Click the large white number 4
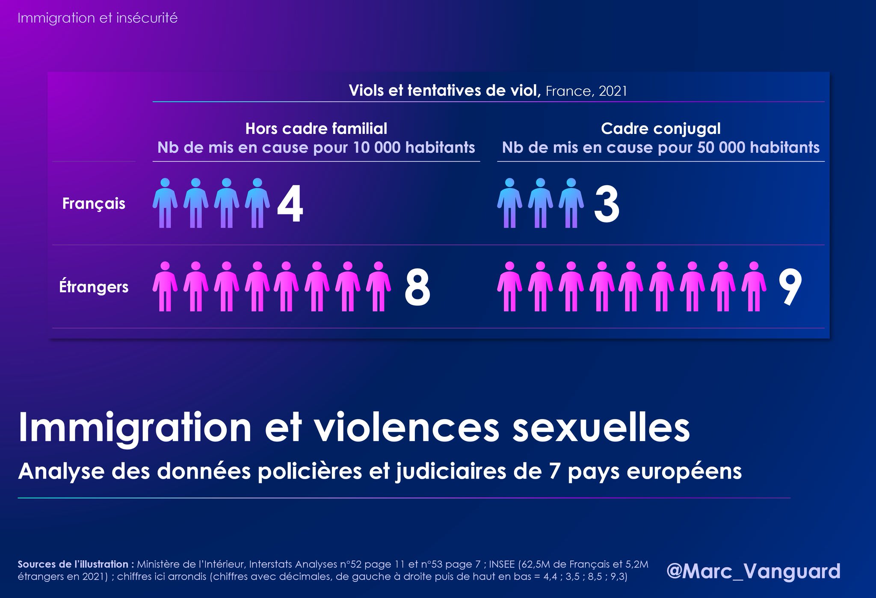pos(290,204)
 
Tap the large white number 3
pos(607,204)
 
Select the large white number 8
pos(417,287)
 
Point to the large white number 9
pos(790,287)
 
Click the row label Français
pos(94,204)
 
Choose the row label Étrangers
pos(94,287)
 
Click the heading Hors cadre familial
pos(316,128)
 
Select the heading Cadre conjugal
pos(660,128)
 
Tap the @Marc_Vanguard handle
pos(753,571)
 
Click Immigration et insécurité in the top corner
pos(98,18)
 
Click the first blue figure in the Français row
pos(165,203)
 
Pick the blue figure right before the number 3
pos(571,203)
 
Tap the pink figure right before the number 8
pos(379,287)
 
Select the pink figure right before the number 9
pos(754,287)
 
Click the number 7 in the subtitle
pos(555,471)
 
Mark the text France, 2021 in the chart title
pos(586,91)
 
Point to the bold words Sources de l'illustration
pos(73,564)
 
